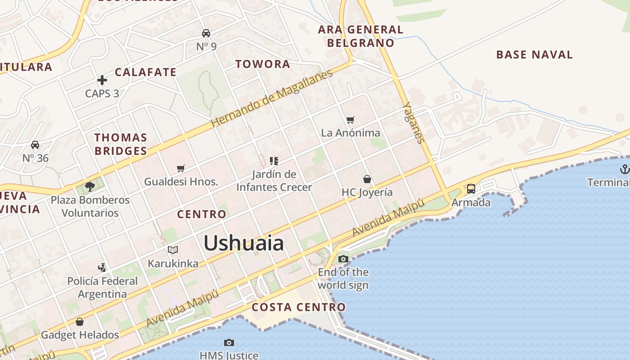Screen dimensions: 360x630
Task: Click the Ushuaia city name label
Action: pos(243,243)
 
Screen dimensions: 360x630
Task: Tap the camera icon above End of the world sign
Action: pos(343,259)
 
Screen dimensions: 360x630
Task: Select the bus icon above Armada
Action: pos(471,189)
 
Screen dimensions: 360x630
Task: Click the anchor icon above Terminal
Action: pos(624,169)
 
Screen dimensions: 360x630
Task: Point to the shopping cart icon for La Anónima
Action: pos(351,120)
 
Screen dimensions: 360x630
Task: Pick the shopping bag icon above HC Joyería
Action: pos(367,179)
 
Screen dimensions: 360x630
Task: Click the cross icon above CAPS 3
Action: pos(102,81)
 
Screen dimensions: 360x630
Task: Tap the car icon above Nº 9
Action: pos(206,33)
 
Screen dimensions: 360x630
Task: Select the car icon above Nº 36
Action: pos(35,145)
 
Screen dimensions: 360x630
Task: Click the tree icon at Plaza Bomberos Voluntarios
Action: pos(90,187)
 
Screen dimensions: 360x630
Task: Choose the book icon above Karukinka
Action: pos(173,250)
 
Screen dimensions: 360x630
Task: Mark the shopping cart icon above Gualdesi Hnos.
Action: pos(181,168)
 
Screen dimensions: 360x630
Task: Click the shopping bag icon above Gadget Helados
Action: pos(80,322)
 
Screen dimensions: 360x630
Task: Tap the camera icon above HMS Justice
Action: pos(229,343)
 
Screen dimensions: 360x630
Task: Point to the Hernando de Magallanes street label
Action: pos(272,98)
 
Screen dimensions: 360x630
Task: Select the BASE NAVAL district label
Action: pos(534,55)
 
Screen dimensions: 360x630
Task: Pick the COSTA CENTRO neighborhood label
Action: pos(299,307)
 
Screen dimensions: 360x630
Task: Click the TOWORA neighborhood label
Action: pos(263,64)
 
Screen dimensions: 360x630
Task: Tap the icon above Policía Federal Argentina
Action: pos(103,267)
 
